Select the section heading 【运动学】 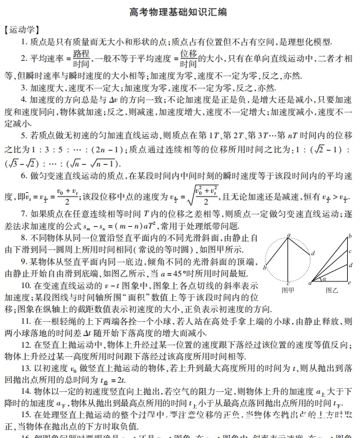coord(23,29)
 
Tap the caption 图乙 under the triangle coord(332,289)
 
